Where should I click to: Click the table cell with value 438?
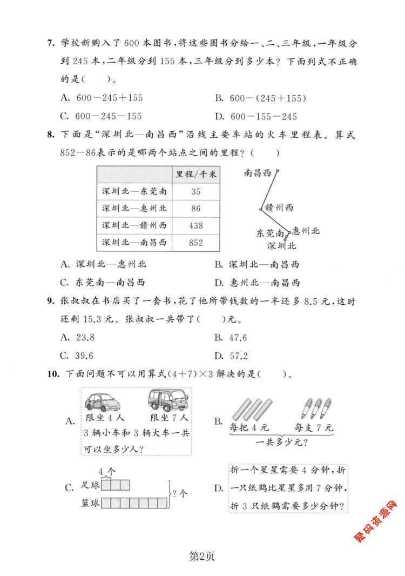tap(195, 225)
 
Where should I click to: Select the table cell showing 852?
tap(195, 243)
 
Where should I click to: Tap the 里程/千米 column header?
tap(195, 174)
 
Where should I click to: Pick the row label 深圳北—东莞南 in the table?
tap(134, 191)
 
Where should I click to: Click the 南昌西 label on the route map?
tap(258, 173)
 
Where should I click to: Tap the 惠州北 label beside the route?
tap(306, 231)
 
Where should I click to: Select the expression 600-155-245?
tap(264, 116)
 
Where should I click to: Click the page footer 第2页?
tap(202, 555)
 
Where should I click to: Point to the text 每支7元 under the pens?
tap(314, 428)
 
